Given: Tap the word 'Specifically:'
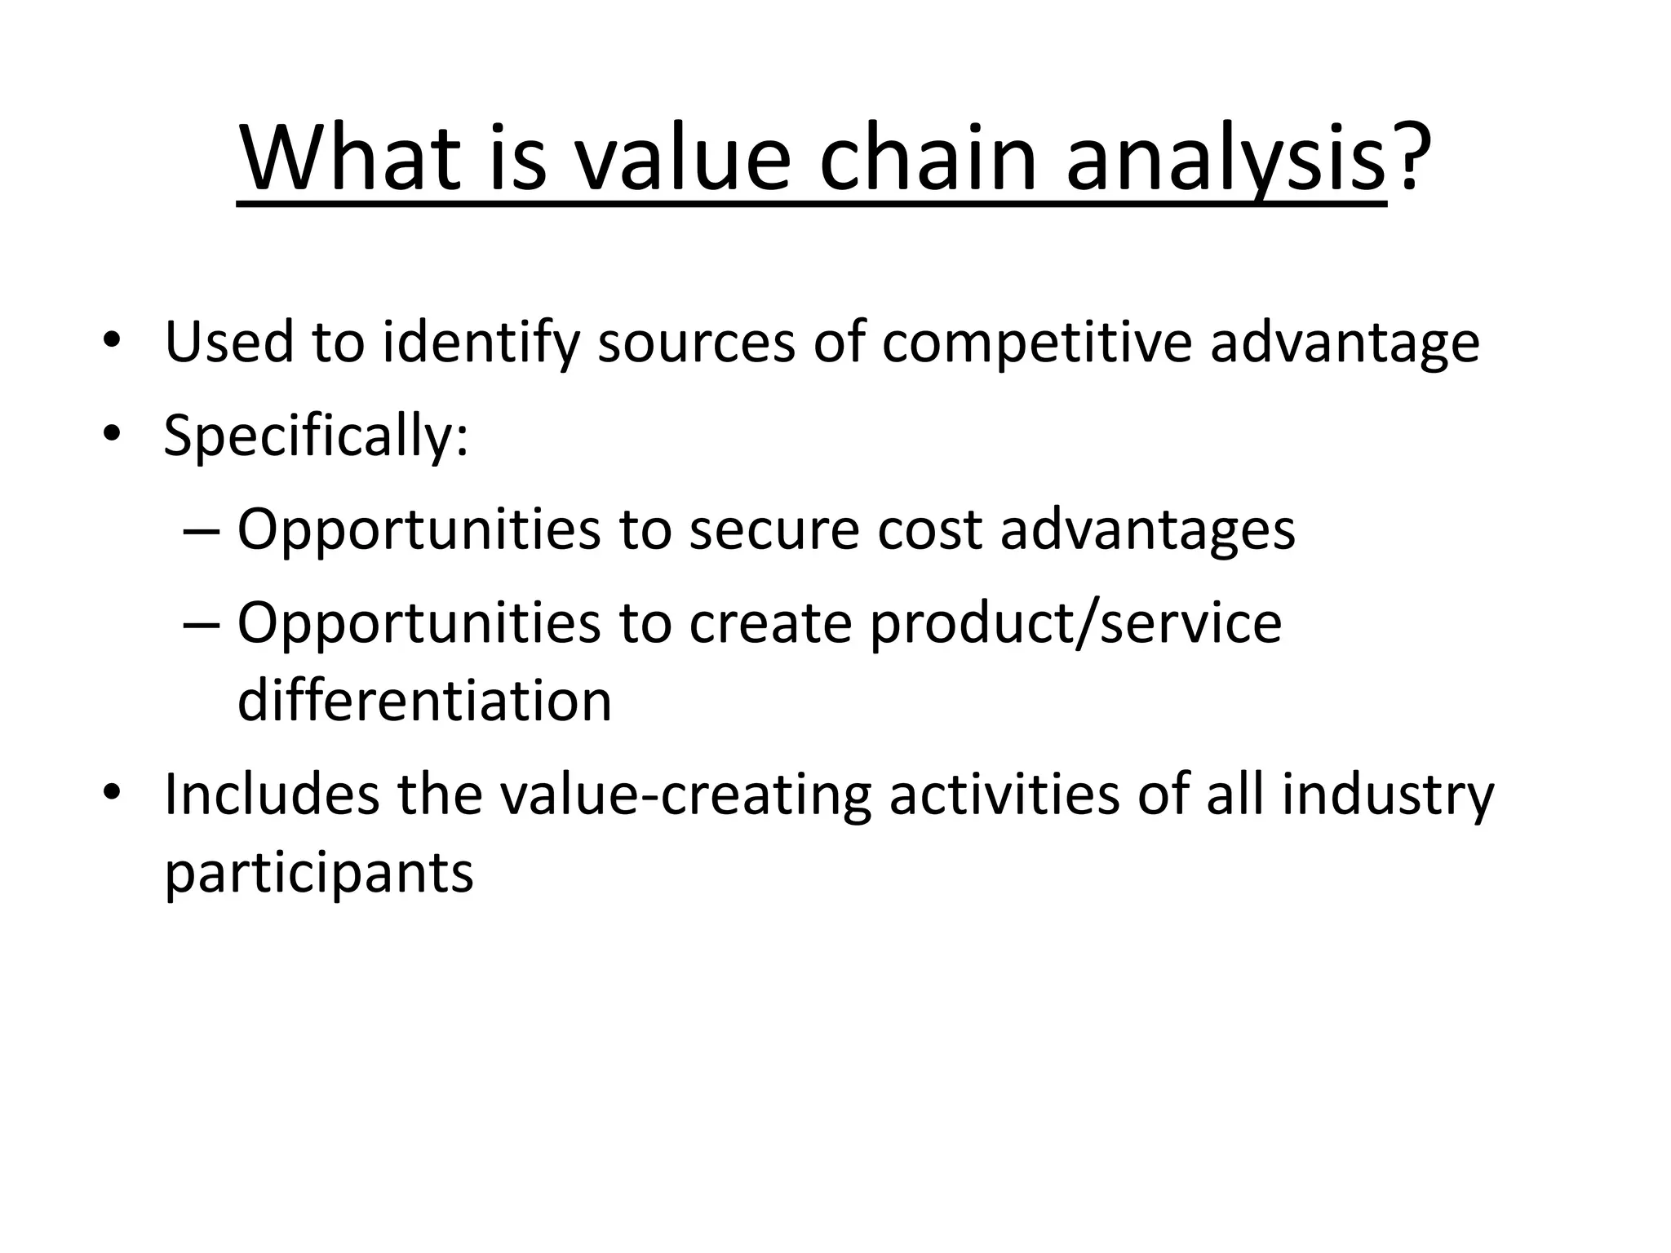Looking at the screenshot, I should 317,437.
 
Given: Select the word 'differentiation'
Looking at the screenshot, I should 424,701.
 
